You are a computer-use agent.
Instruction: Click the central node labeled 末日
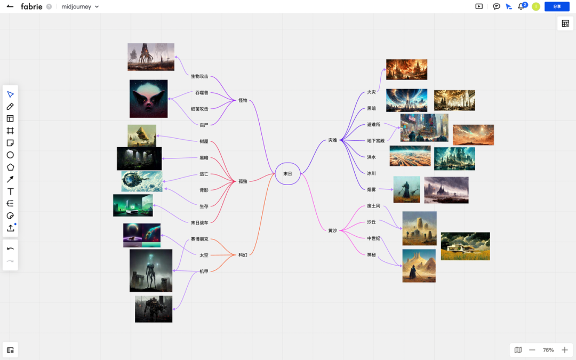click(287, 173)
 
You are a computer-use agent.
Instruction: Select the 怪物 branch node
click(243, 100)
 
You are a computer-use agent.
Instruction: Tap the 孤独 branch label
click(243, 181)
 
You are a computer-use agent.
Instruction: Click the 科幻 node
click(243, 255)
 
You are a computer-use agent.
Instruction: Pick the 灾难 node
click(332, 140)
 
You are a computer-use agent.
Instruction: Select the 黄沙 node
click(332, 230)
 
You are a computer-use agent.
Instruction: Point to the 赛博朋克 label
click(199, 239)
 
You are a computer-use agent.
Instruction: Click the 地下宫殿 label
click(375, 141)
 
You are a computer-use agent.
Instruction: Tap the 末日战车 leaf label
click(199, 222)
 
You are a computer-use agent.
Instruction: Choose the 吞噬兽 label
click(202, 93)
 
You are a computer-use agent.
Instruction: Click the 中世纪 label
click(373, 238)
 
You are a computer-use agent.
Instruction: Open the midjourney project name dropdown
click(81, 7)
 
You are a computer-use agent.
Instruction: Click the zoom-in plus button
click(565, 350)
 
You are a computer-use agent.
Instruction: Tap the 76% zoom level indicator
click(548, 350)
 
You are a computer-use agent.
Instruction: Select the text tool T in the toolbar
click(10, 191)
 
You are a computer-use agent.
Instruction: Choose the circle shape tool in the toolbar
click(10, 155)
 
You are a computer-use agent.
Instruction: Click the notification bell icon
click(521, 6)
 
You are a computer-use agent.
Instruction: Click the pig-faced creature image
click(148, 99)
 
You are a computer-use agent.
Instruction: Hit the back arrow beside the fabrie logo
click(10, 6)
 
